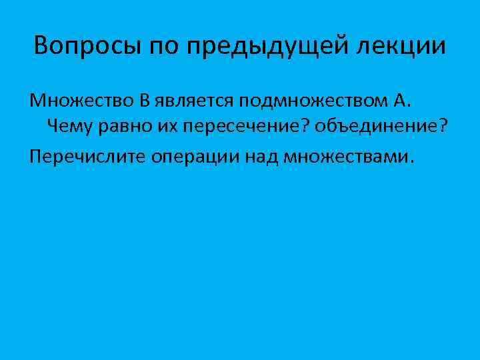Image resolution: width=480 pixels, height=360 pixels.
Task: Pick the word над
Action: (x=265, y=156)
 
